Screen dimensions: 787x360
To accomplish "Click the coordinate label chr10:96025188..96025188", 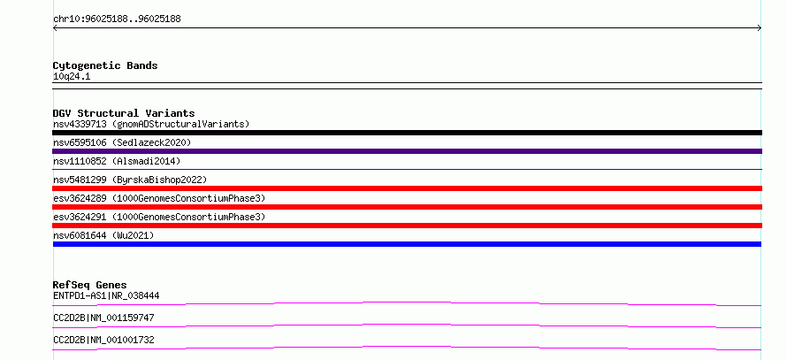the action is coord(117,19).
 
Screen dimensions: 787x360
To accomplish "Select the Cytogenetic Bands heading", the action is coord(105,65).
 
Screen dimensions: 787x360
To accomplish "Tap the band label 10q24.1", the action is coord(72,77).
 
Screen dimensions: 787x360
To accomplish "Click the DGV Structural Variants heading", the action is coord(124,113).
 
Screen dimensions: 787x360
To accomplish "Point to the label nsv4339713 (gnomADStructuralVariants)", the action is coord(151,124).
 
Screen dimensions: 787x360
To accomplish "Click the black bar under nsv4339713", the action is coord(407,133).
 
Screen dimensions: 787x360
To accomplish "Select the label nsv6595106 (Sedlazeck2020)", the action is coord(122,142).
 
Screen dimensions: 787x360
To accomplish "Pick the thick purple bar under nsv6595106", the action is coord(407,151).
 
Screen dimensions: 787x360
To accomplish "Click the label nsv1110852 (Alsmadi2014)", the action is coord(117,161).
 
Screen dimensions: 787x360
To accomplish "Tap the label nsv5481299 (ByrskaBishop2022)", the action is coord(130,180).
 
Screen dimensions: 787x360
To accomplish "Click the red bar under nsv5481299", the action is coord(407,188).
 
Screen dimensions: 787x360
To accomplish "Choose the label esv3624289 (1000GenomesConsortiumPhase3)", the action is coord(159,198).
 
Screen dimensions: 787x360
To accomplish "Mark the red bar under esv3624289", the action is coord(407,207).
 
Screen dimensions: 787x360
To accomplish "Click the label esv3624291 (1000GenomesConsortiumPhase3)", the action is coord(159,217).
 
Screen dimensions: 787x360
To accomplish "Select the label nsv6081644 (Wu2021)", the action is coord(103,235).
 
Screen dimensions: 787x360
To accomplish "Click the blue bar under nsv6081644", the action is coord(407,244).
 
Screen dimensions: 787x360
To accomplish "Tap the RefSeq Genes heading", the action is coord(90,285).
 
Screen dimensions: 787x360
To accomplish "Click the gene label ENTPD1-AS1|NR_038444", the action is coord(106,295).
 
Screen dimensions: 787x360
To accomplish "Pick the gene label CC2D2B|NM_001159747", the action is coord(103,318).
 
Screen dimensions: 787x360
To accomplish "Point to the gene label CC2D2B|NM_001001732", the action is coord(103,340).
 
